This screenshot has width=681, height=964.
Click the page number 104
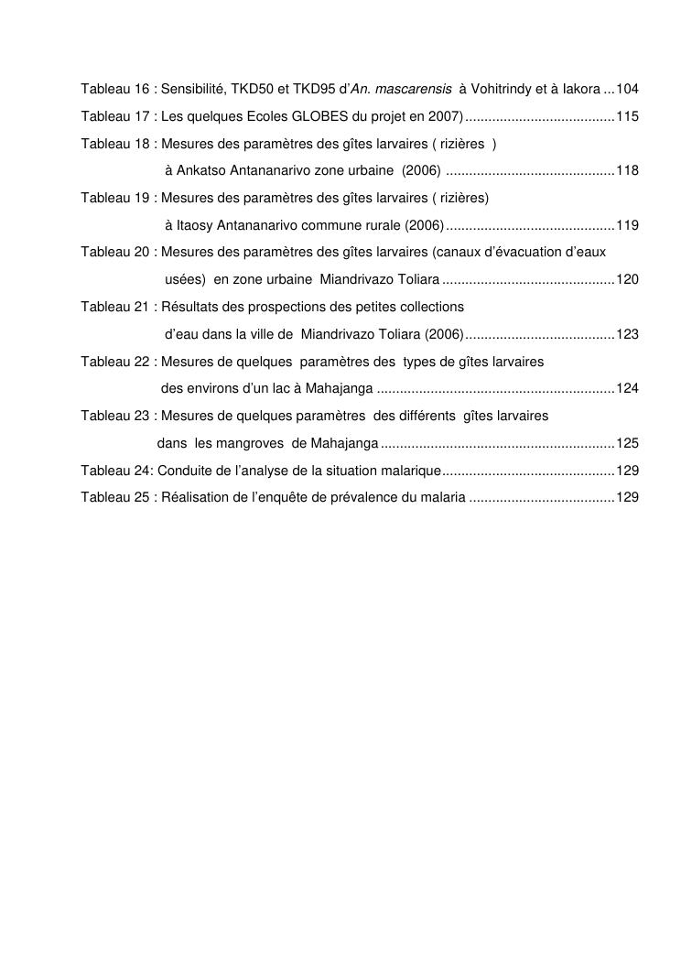point(627,89)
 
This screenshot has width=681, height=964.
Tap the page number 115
point(627,116)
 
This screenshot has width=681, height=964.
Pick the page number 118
point(627,170)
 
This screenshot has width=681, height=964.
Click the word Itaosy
point(195,225)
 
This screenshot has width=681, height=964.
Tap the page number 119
point(627,225)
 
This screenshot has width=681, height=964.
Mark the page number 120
point(627,279)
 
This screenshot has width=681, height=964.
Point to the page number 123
point(627,334)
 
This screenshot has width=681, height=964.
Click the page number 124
point(627,388)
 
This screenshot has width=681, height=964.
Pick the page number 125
point(627,443)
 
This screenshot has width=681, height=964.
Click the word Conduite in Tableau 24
point(185,471)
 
